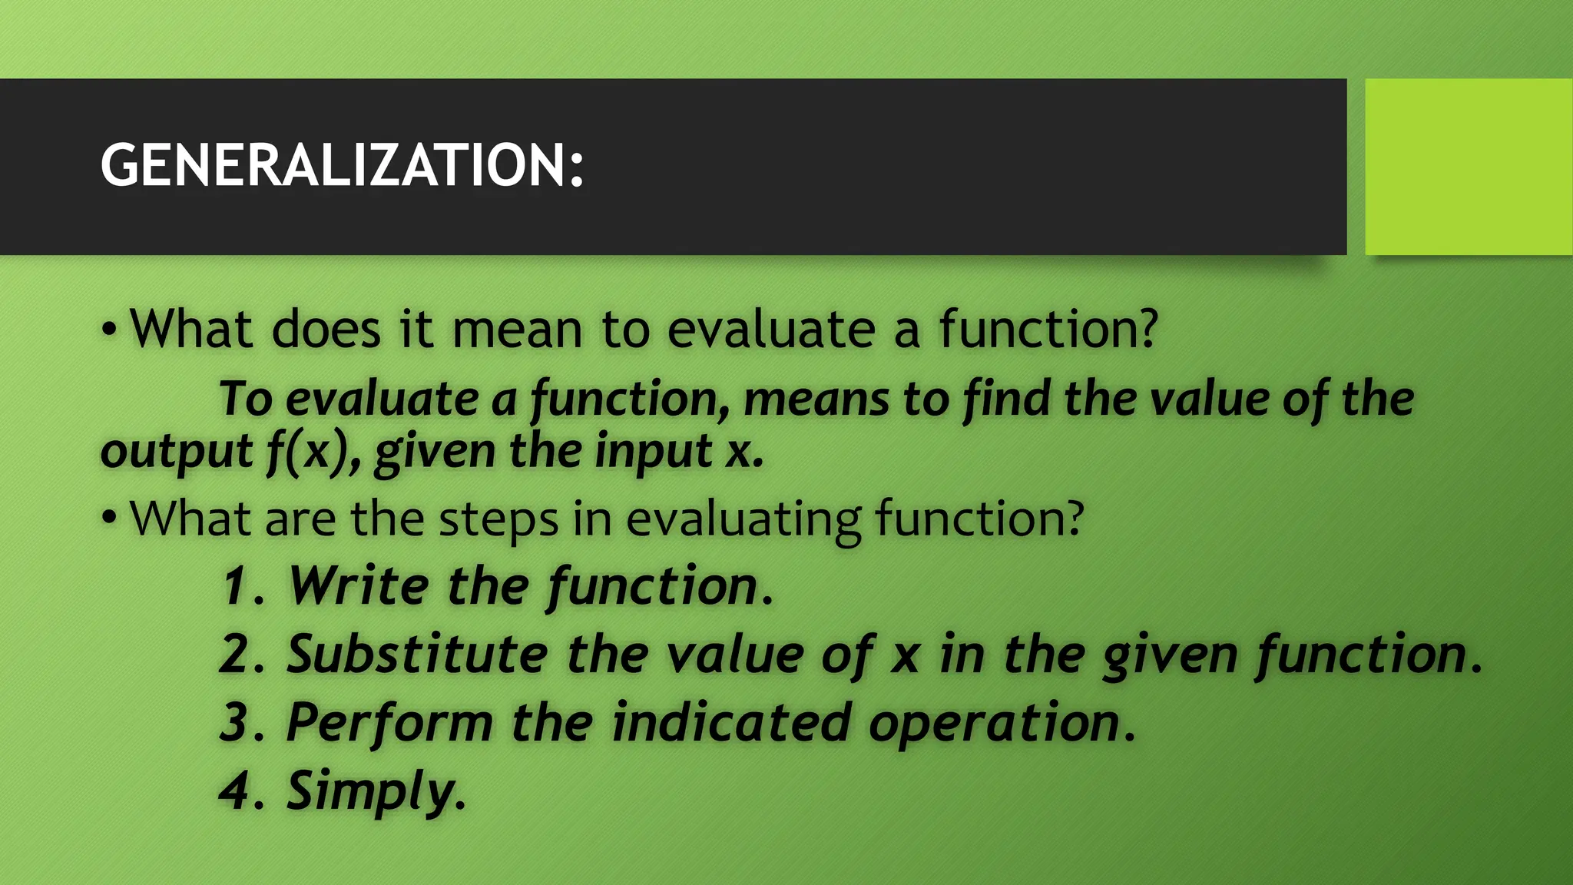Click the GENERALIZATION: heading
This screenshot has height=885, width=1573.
pos(342,165)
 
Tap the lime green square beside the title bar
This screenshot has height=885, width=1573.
pos(1468,167)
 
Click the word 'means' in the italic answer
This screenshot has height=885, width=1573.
pos(816,399)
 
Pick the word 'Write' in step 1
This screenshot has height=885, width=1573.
pos(359,586)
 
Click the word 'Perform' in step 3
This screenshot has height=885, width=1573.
pos(389,724)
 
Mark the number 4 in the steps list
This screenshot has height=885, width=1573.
pos(234,791)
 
